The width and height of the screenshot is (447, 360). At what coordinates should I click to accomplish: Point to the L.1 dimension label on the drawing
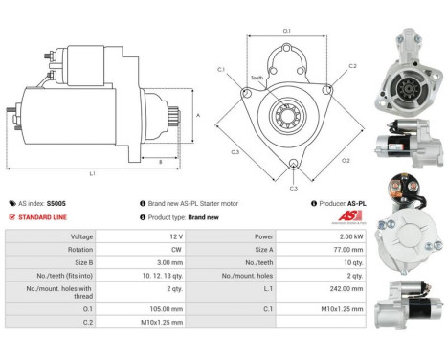[x=92, y=173]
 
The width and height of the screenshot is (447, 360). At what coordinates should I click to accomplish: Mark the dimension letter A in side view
[x=197, y=114]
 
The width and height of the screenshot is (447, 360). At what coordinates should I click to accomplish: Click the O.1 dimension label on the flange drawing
[x=287, y=32]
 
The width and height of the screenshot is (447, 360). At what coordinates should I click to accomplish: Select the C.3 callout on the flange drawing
[x=293, y=188]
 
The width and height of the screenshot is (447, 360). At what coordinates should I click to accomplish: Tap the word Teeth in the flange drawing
[x=257, y=77]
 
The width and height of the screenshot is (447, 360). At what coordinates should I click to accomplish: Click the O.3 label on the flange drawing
[x=235, y=151]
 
